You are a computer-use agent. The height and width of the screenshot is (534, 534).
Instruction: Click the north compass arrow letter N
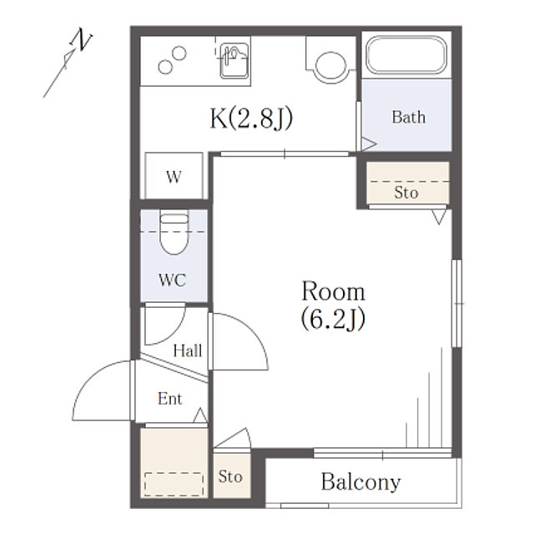81,40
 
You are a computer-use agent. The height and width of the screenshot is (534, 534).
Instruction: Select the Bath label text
408,117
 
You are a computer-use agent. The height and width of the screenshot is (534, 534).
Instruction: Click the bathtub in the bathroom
407,55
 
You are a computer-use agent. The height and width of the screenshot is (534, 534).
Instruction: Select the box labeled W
174,176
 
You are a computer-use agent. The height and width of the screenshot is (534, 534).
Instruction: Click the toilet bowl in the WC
174,236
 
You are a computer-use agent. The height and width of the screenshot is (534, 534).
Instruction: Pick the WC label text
172,280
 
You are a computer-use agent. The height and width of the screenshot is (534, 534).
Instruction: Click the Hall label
188,351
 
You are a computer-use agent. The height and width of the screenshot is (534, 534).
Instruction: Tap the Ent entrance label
169,399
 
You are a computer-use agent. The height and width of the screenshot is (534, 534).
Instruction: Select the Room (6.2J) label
333,305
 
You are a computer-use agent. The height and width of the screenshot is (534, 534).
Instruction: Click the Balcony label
360,481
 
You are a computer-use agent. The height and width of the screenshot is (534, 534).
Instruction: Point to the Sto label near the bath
406,193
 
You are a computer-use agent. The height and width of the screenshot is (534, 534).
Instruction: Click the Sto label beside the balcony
230,476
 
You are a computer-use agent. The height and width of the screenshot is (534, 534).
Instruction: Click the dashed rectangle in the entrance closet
174,484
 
